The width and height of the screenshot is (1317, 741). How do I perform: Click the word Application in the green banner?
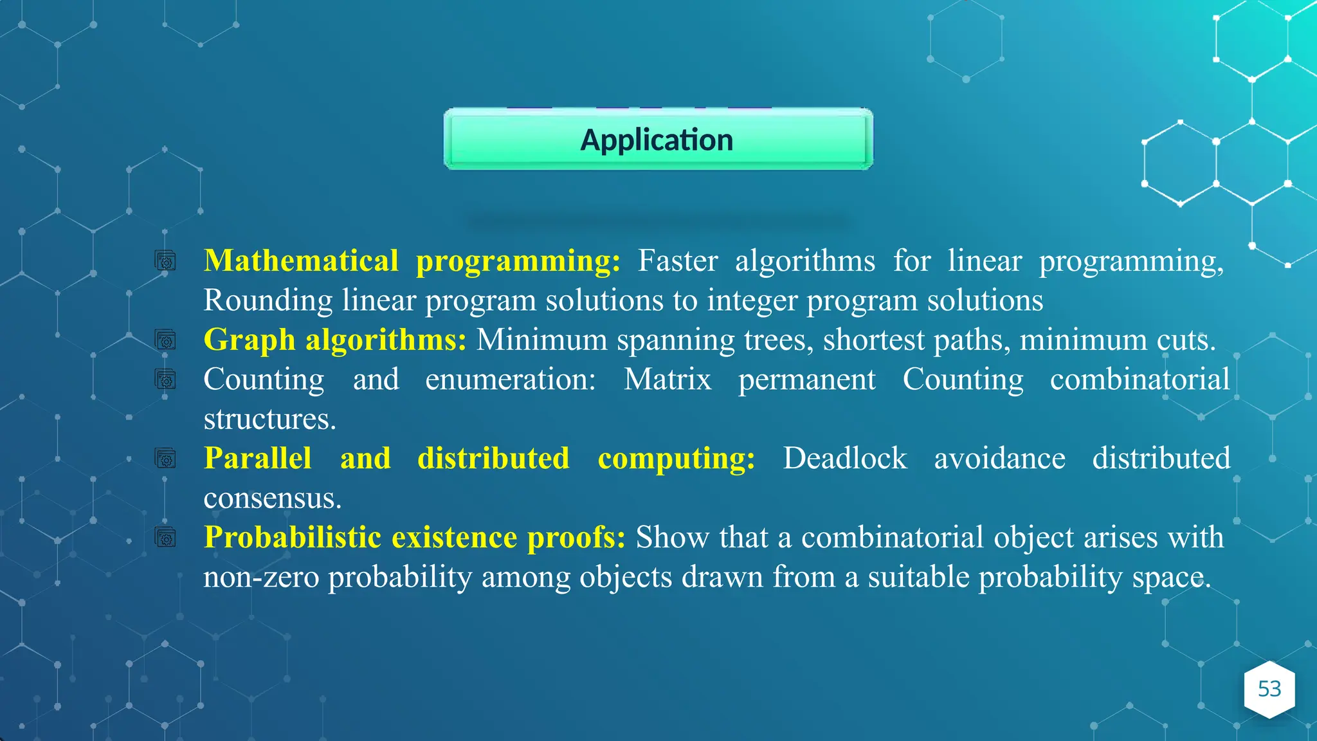(657, 140)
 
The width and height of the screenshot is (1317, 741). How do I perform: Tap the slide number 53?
(1269, 689)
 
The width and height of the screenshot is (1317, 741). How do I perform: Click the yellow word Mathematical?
(301, 261)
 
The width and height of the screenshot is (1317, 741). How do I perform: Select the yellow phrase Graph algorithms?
(334, 340)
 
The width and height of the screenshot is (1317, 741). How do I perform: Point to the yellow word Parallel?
(257, 459)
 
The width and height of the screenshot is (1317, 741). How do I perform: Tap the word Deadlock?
(844, 459)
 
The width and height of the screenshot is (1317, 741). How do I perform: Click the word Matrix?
(668, 380)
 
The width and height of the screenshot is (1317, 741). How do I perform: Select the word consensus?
(272, 499)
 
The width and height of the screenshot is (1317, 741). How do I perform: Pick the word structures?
(269, 419)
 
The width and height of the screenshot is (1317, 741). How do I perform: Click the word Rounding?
(268, 300)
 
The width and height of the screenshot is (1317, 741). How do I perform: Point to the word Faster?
(677, 261)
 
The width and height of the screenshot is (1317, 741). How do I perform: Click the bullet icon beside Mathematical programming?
(165, 261)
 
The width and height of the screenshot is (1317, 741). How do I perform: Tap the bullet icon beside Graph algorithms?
(165, 340)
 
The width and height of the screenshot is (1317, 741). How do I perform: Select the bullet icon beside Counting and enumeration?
(165, 380)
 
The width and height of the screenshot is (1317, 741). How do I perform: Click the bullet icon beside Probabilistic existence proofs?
(165, 537)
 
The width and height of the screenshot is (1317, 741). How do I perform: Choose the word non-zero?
(261, 577)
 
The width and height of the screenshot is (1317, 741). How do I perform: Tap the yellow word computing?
(676, 459)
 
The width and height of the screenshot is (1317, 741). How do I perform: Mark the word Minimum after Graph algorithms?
(541, 340)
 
